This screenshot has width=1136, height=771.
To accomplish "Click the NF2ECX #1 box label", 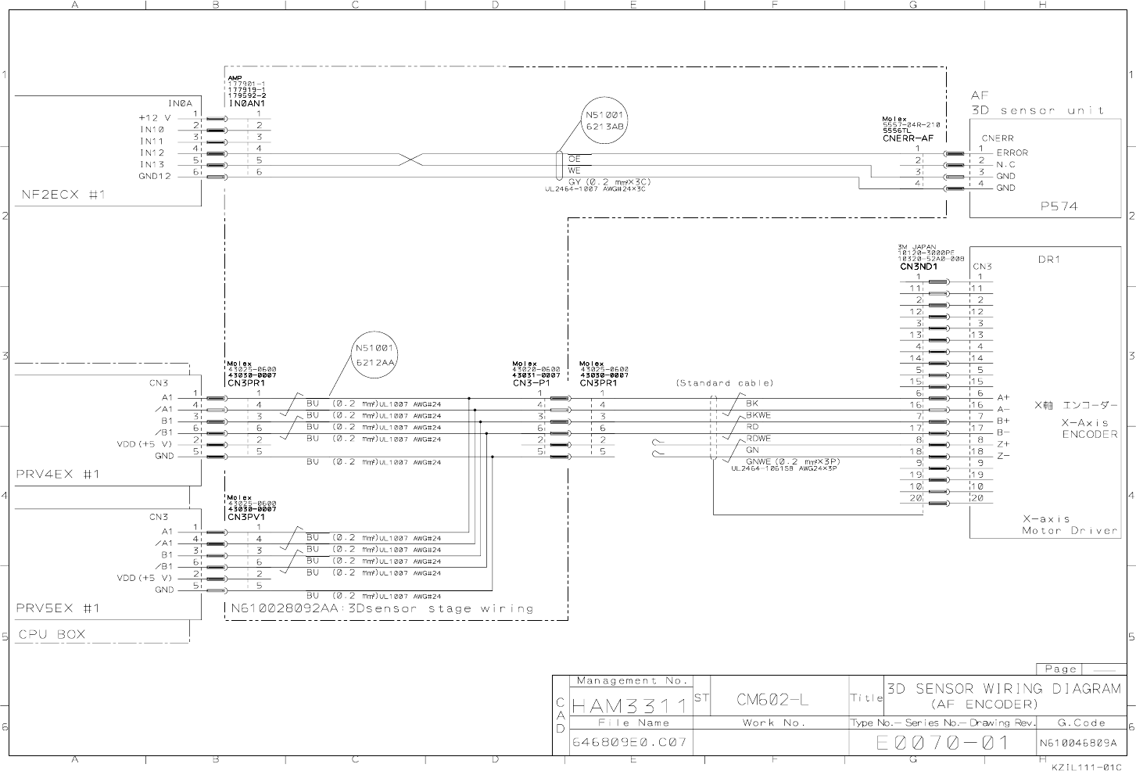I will pyautogui.click(x=63, y=195).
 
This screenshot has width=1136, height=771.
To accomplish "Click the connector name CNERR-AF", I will pyautogui.click(x=908, y=138).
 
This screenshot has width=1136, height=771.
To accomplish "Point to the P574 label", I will pyautogui.click(x=1058, y=206).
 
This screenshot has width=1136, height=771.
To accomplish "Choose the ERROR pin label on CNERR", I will pyautogui.click(x=1012, y=153).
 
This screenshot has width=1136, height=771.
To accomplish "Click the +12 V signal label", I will pyautogui.click(x=155, y=118).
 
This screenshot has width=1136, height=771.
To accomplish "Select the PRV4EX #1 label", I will pyautogui.click(x=58, y=474).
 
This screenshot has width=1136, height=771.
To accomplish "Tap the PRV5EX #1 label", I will pyautogui.click(x=58, y=608).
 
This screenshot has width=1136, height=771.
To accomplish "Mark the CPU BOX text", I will pyautogui.click(x=52, y=634).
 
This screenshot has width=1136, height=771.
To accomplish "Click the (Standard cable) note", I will pyautogui.click(x=724, y=383).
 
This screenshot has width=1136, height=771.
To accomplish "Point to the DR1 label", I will pyautogui.click(x=1048, y=260).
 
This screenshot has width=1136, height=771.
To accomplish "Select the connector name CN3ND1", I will pyautogui.click(x=918, y=267).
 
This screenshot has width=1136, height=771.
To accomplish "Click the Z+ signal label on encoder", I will pyautogui.click(x=1003, y=444).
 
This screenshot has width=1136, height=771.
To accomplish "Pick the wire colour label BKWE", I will pyautogui.click(x=758, y=415).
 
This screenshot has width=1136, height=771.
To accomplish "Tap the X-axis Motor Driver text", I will pyautogui.click(x=1070, y=525).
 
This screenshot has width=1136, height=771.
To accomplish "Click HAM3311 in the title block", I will pyautogui.click(x=629, y=706).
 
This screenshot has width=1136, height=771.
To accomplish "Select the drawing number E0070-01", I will pyautogui.click(x=944, y=743).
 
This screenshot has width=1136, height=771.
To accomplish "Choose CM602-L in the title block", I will pyautogui.click(x=773, y=700).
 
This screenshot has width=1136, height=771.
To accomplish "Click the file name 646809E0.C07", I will pyautogui.click(x=629, y=742).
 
